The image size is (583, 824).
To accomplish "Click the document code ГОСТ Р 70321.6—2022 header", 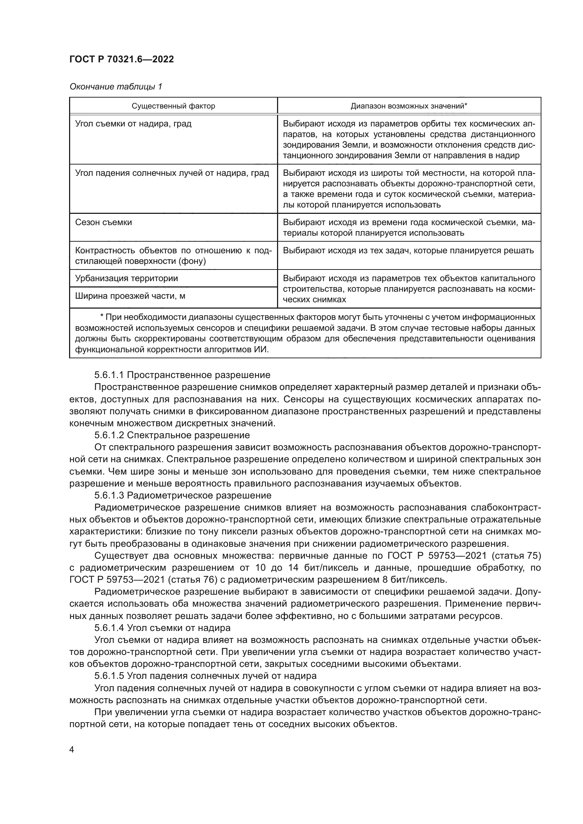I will pyautogui.click(x=122, y=60).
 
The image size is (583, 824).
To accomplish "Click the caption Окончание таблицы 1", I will pyautogui.click(x=116, y=87).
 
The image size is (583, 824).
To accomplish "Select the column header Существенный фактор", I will pyautogui.click(x=173, y=106).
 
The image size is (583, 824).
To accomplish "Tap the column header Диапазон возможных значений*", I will pyautogui.click(x=409, y=106).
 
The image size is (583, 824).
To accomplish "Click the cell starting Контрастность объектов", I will pyautogui.click(x=173, y=255).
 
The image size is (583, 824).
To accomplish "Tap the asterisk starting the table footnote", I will pyautogui.click(x=102, y=317).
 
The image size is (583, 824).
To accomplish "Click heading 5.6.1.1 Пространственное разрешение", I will pyautogui.click(x=182, y=375).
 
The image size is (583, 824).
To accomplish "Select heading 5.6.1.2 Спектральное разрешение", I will pyautogui.click(x=172, y=435).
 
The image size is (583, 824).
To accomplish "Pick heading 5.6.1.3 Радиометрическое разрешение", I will pyautogui.click(x=183, y=496).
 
